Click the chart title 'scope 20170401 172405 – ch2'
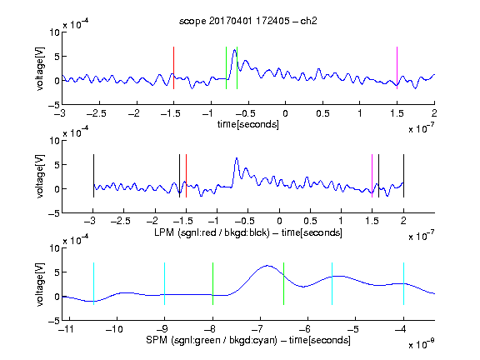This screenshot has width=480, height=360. coord(248,21)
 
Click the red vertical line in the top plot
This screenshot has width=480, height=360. coord(173,68)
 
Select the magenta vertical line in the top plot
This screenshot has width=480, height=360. coord(397,68)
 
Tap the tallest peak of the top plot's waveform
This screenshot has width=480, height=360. coord(234,50)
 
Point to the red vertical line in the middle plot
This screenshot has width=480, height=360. coord(186,176)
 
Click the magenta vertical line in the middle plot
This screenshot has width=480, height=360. coord(372,176)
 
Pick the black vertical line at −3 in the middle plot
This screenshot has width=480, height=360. coord(93,176)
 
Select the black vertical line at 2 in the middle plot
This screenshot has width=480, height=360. coord(403,176)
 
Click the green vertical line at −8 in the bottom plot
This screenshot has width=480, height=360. coord(212,284)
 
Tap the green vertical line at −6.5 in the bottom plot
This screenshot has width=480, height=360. coord(284,284)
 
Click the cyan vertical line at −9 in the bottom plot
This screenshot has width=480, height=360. coord(165,284)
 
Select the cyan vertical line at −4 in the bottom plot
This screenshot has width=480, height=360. coord(403,284)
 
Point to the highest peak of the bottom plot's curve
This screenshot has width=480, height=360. coord(267,265)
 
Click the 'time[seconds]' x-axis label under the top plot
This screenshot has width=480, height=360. coord(248,124)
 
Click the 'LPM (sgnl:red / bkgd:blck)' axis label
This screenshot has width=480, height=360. coord(212,232)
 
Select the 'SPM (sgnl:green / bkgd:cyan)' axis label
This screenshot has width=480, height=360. coord(212,340)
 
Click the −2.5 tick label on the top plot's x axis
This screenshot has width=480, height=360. coord(97,113)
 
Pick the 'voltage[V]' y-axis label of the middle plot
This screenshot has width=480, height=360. coord(40,177)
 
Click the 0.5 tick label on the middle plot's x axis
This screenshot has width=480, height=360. coord(310,221)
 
